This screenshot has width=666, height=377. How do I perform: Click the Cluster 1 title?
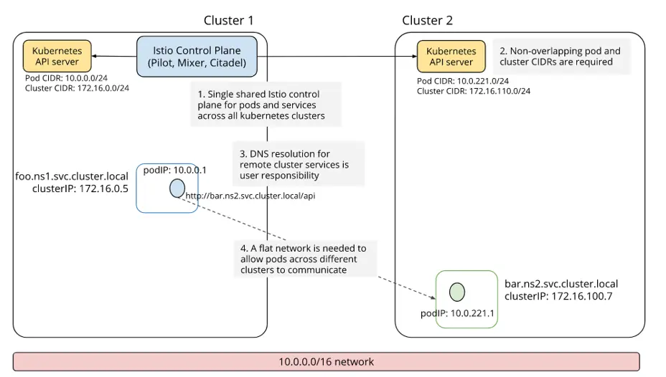pyautogui.click(x=228, y=20)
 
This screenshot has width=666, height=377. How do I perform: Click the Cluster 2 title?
pyautogui.click(x=427, y=20)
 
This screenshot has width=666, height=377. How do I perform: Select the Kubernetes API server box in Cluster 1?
pyautogui.click(x=57, y=57)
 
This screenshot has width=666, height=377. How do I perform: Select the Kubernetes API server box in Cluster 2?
pyautogui.click(x=451, y=57)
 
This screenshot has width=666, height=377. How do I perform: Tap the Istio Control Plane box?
pyautogui.click(x=197, y=57)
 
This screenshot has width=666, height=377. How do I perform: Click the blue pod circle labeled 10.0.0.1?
pyautogui.click(x=177, y=188)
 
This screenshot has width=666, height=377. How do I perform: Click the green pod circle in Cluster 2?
pyautogui.click(x=457, y=292)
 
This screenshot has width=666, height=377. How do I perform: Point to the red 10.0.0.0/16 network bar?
pyautogui.click(x=326, y=361)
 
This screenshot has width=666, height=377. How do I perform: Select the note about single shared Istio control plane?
pyautogui.click(x=265, y=105)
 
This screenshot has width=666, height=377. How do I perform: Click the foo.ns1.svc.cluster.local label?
pyautogui.click(x=72, y=176)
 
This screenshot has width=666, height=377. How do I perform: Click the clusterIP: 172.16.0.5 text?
pyautogui.click(x=80, y=189)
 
